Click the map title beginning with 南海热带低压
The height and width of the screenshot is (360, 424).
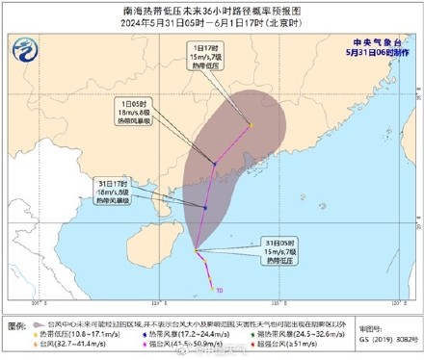coord(212,9)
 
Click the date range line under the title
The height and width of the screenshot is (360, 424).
coord(212,23)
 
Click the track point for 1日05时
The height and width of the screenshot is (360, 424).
coord(214,166)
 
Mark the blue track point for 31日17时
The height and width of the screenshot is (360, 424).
coord(206,207)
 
